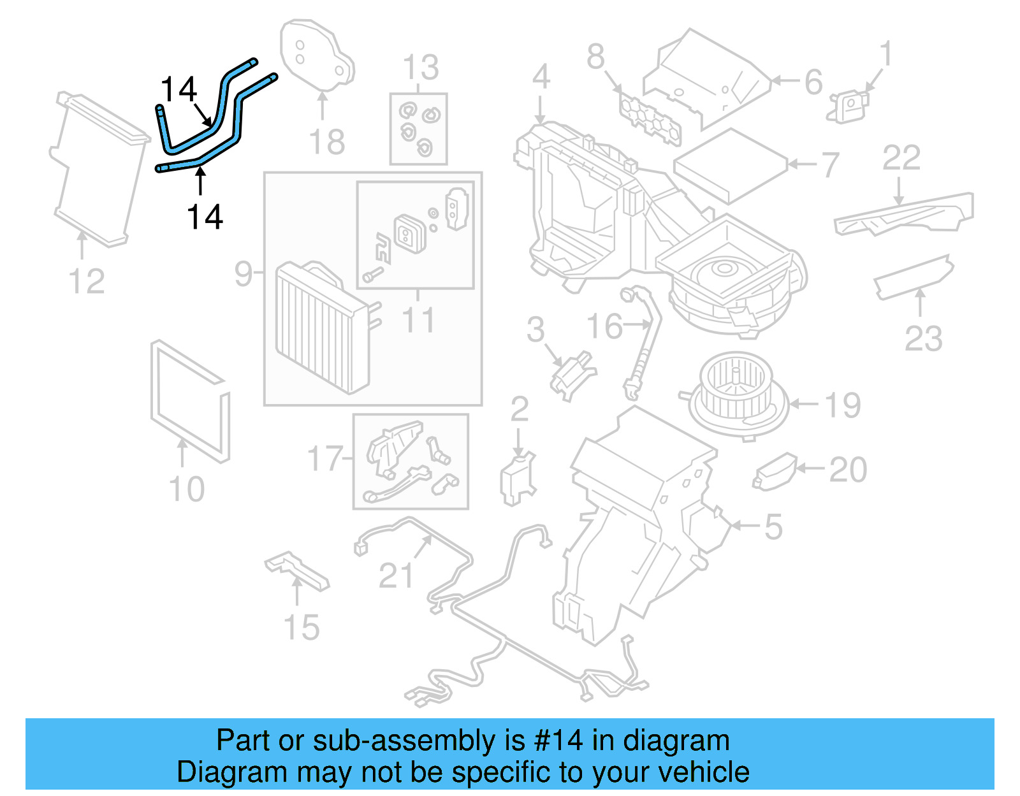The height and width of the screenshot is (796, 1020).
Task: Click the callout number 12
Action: (87, 281)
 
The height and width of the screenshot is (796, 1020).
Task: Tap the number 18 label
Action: (327, 141)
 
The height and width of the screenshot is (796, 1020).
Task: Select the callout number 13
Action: (421, 68)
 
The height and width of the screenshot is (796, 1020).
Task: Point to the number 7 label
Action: (829, 165)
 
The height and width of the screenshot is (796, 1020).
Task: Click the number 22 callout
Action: (901, 157)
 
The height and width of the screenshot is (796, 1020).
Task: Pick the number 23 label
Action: (923, 338)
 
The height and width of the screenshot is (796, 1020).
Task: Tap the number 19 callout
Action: (843, 405)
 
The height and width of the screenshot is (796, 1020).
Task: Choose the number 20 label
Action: (848, 470)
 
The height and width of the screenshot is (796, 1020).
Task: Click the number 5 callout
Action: (773, 527)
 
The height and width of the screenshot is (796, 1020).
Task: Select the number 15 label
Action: (302, 627)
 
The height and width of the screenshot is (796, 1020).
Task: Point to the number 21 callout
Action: (397, 575)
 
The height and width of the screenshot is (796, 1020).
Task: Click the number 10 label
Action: (186, 489)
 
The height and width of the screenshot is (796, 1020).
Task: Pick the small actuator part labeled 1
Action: (849, 106)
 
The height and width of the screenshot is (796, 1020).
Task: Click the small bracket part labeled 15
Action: (296, 569)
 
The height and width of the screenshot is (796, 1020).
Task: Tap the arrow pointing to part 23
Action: (920, 303)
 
